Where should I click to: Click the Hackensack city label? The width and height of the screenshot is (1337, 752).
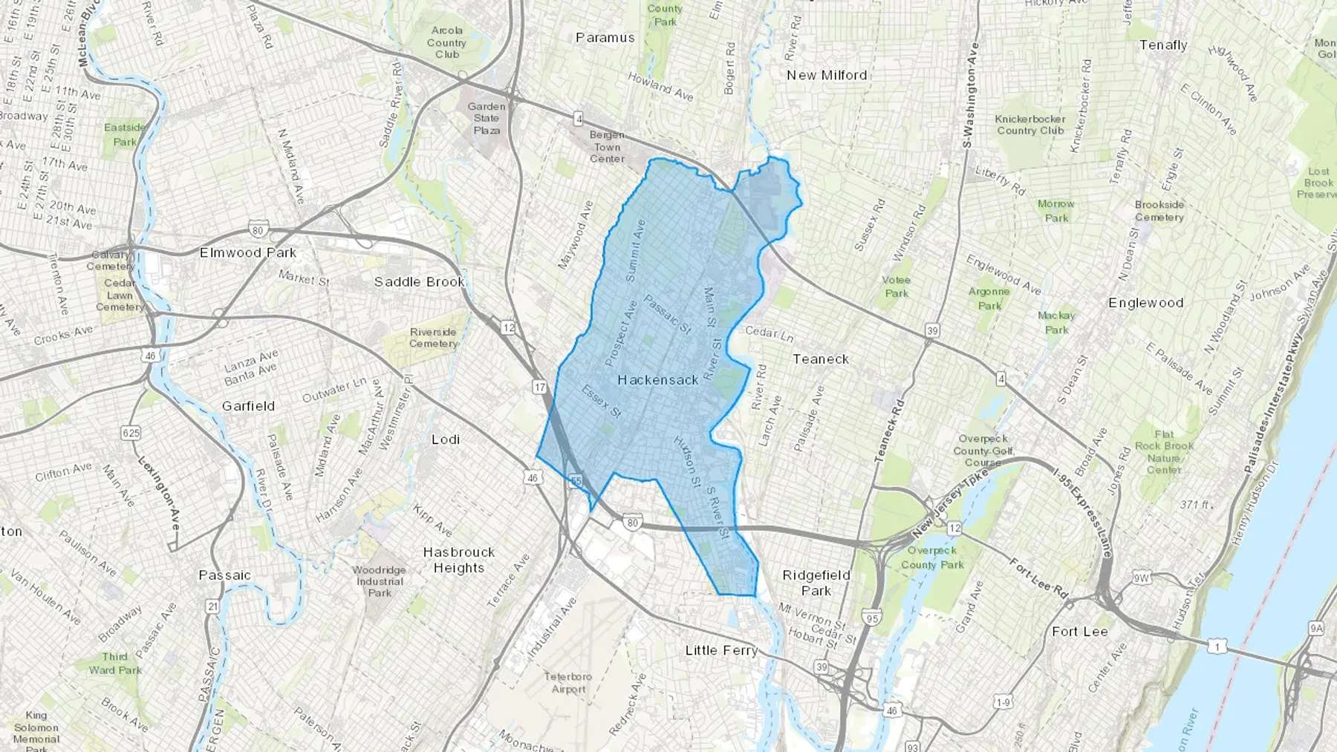658,380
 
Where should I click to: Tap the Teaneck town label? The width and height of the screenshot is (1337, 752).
820,359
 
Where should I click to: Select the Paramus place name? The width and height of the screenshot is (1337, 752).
605,38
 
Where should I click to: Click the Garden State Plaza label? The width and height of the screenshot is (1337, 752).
487,119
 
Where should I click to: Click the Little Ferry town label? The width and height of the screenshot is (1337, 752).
721,651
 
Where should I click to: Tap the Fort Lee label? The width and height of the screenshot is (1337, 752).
1079,632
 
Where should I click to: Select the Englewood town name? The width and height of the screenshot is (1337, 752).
1145,303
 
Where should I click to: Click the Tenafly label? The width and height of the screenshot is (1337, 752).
1163,45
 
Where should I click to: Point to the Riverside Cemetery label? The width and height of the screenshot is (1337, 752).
433,338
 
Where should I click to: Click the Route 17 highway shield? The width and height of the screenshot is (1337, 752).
539,388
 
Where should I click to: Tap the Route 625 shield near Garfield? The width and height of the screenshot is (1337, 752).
131,433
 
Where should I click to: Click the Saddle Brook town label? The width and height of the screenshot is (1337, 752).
419,282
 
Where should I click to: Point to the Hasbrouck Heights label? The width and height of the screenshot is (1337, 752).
458,560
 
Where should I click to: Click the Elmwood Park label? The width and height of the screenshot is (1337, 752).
247,253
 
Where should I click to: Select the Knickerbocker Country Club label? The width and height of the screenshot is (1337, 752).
1029,125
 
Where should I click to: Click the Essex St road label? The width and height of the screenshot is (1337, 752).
601,401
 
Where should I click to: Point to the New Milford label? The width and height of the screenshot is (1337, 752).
826,76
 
